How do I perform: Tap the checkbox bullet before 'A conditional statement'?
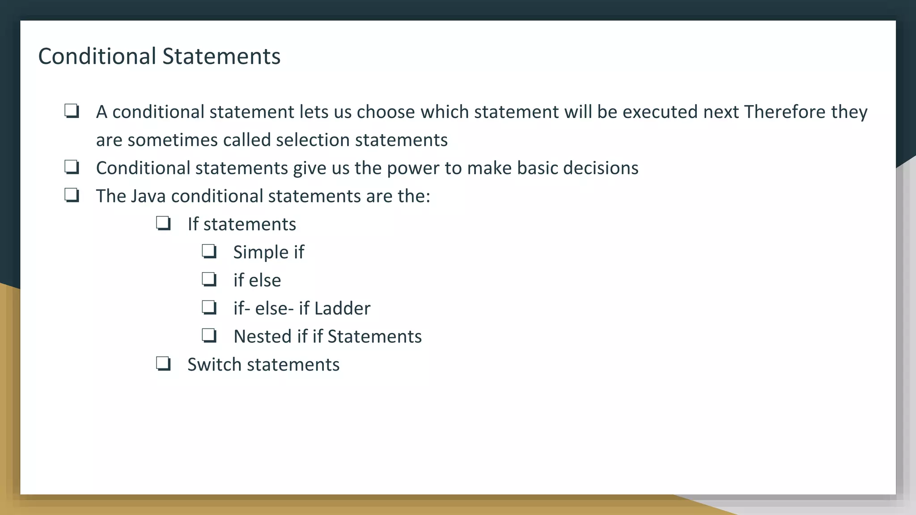72,111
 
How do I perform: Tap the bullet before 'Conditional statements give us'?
72,167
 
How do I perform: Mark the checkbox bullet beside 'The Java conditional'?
72,195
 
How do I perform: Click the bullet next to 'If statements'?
163,224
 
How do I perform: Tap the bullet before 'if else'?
209,279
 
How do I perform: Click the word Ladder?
342,308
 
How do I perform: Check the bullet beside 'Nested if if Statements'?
209,336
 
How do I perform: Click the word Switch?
214,365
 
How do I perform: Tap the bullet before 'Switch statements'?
163,364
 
